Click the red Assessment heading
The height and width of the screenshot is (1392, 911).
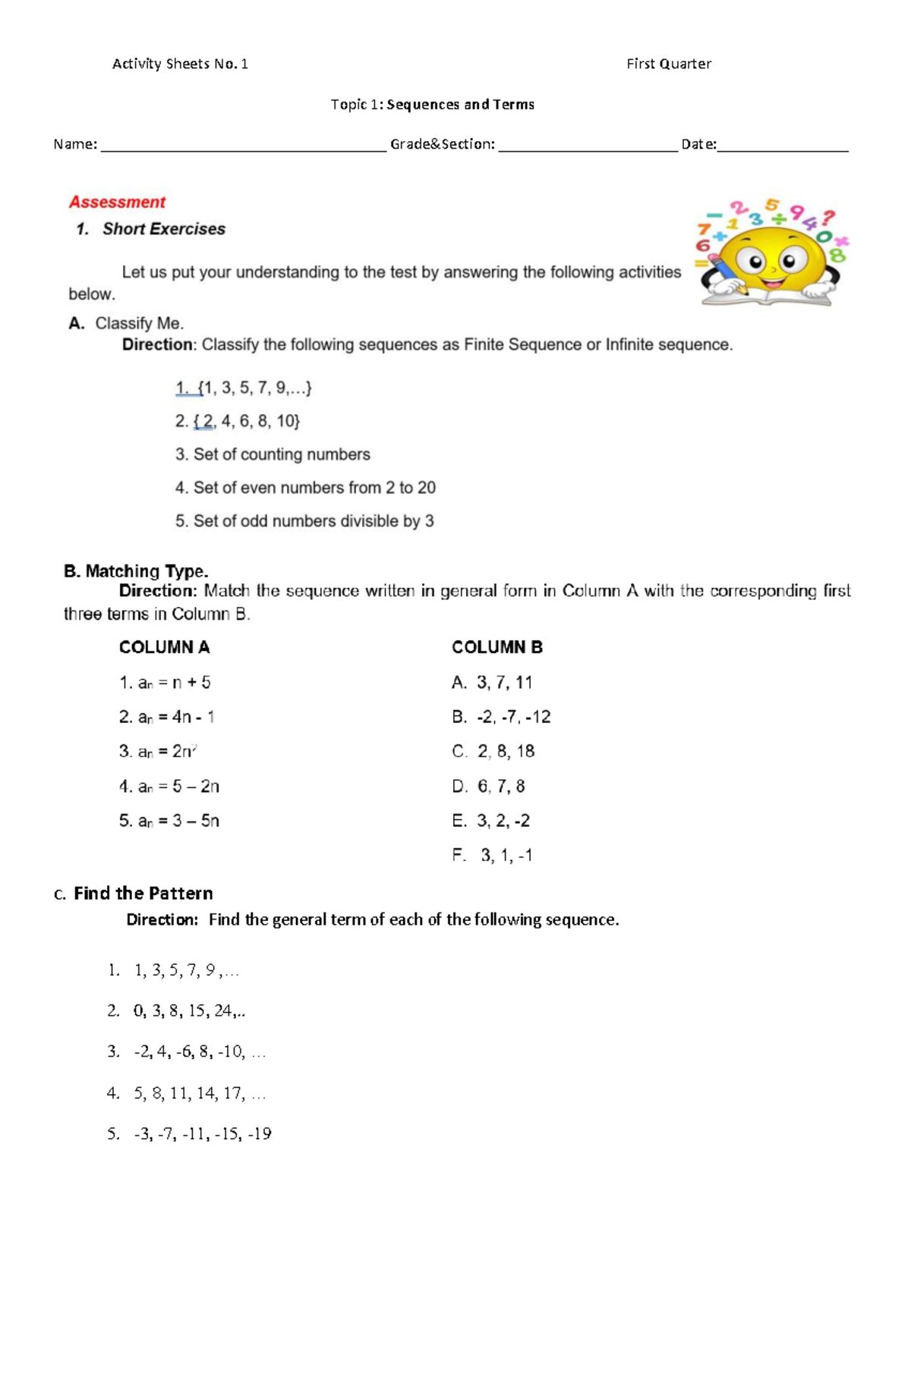click(117, 202)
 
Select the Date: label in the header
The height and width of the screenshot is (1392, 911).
click(698, 144)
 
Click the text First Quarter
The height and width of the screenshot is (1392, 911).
click(668, 64)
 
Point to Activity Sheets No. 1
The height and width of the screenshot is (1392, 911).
click(180, 64)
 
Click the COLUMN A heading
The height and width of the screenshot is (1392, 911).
click(164, 647)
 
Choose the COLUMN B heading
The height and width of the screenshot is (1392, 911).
click(497, 647)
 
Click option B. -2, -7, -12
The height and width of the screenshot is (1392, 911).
click(501, 717)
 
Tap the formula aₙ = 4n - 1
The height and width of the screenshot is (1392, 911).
click(167, 717)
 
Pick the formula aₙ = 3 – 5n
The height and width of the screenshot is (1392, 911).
click(169, 821)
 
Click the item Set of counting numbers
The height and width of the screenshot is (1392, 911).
click(273, 454)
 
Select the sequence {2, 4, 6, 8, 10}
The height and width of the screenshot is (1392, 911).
click(238, 421)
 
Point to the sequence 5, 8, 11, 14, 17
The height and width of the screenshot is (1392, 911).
click(188, 1093)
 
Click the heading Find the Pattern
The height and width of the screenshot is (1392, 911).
click(143, 893)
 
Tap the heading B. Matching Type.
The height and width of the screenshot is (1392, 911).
click(137, 571)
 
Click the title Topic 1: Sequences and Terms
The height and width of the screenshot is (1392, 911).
click(433, 105)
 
